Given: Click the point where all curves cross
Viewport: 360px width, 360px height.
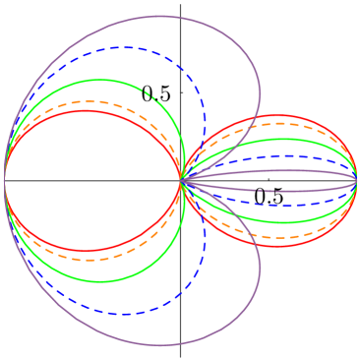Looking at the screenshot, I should coord(182,180).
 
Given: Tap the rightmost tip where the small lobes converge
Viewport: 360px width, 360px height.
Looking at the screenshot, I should coord(356,180).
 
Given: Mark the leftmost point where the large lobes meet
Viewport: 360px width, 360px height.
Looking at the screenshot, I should coord(5,180).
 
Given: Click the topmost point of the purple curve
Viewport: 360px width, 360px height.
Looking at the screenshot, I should coord(163,16).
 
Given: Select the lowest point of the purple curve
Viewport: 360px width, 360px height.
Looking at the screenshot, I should coord(163,345).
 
